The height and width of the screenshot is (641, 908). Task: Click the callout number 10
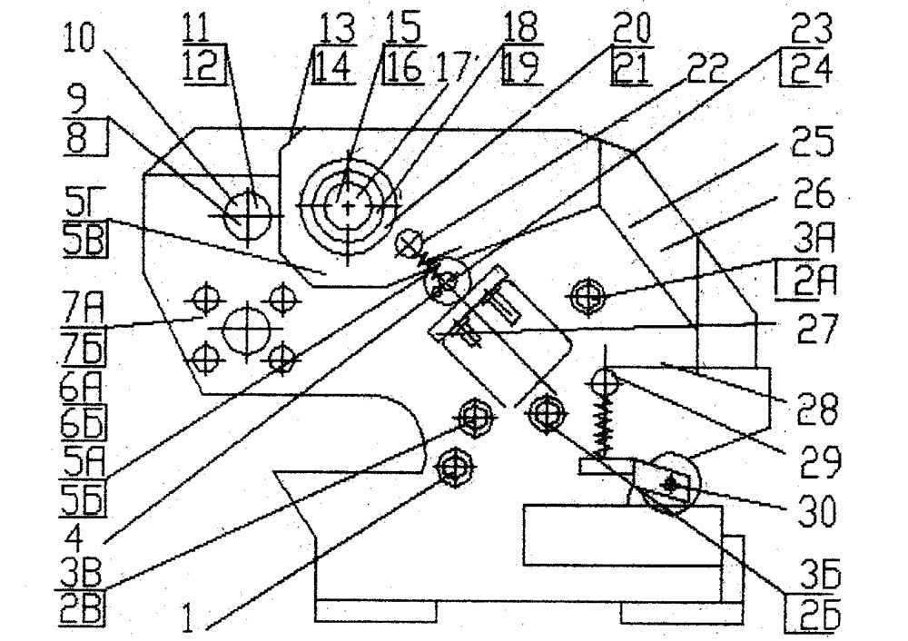click(79, 36)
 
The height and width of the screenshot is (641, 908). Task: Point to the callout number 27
click(817, 329)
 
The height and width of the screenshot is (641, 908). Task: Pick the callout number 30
click(817, 510)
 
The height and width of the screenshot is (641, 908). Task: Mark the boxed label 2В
click(83, 613)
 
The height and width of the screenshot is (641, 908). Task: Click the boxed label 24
click(808, 70)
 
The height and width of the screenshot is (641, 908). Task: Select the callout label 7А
click(83, 306)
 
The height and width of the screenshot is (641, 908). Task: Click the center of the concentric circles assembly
click(348, 205)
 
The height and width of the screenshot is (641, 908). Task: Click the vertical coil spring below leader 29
click(604, 423)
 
